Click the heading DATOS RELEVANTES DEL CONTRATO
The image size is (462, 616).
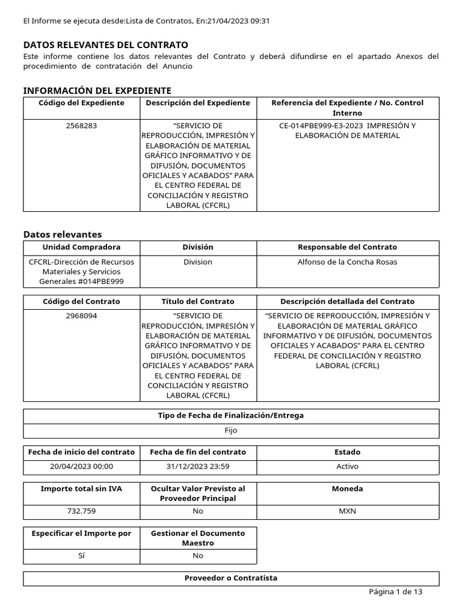tap(105, 45)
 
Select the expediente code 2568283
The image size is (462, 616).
tap(81, 126)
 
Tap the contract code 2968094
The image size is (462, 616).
tap(81, 316)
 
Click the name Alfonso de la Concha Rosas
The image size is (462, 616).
tap(348, 262)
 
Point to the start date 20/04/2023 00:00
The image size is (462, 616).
tap(81, 466)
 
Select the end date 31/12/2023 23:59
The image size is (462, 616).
tap(198, 466)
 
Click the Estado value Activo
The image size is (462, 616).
tap(348, 466)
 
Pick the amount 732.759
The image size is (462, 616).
tap(81, 511)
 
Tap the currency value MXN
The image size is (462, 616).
tap(348, 511)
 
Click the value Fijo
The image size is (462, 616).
tap(231, 431)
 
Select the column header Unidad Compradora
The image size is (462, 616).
tap(81, 247)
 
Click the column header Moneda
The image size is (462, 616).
tap(348, 488)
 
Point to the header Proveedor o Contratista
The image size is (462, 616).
tap(231, 578)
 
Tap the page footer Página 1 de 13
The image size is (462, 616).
tap(395, 592)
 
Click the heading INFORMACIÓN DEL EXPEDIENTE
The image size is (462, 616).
tap(97, 90)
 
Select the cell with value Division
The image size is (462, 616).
tap(198, 262)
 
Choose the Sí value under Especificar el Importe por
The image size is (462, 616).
tap(81, 556)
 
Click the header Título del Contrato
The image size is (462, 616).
tap(198, 301)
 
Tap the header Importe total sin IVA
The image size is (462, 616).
tap(81, 488)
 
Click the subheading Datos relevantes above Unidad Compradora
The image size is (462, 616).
tap(63, 234)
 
